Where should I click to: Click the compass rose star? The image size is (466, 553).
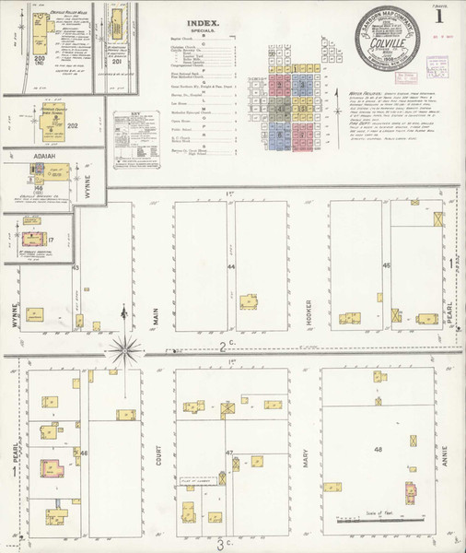123,348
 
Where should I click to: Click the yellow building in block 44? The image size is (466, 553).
249,300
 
